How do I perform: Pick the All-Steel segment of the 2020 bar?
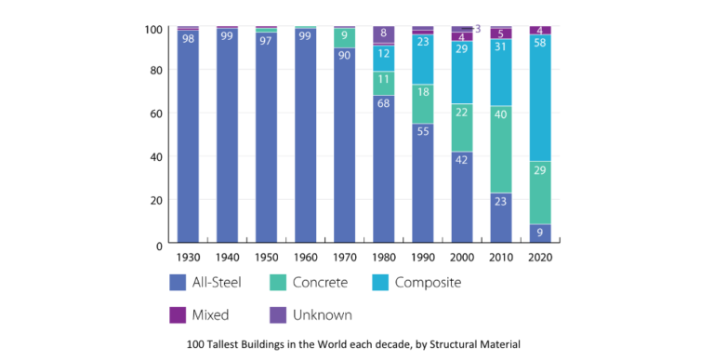540,233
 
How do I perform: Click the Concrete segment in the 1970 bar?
345,38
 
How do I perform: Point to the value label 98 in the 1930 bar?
189,38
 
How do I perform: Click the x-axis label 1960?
305,258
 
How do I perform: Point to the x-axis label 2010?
501,258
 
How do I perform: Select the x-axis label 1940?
227,258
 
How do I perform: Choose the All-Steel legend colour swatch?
180,282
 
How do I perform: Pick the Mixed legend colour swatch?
180,315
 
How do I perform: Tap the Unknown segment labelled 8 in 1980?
384,34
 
